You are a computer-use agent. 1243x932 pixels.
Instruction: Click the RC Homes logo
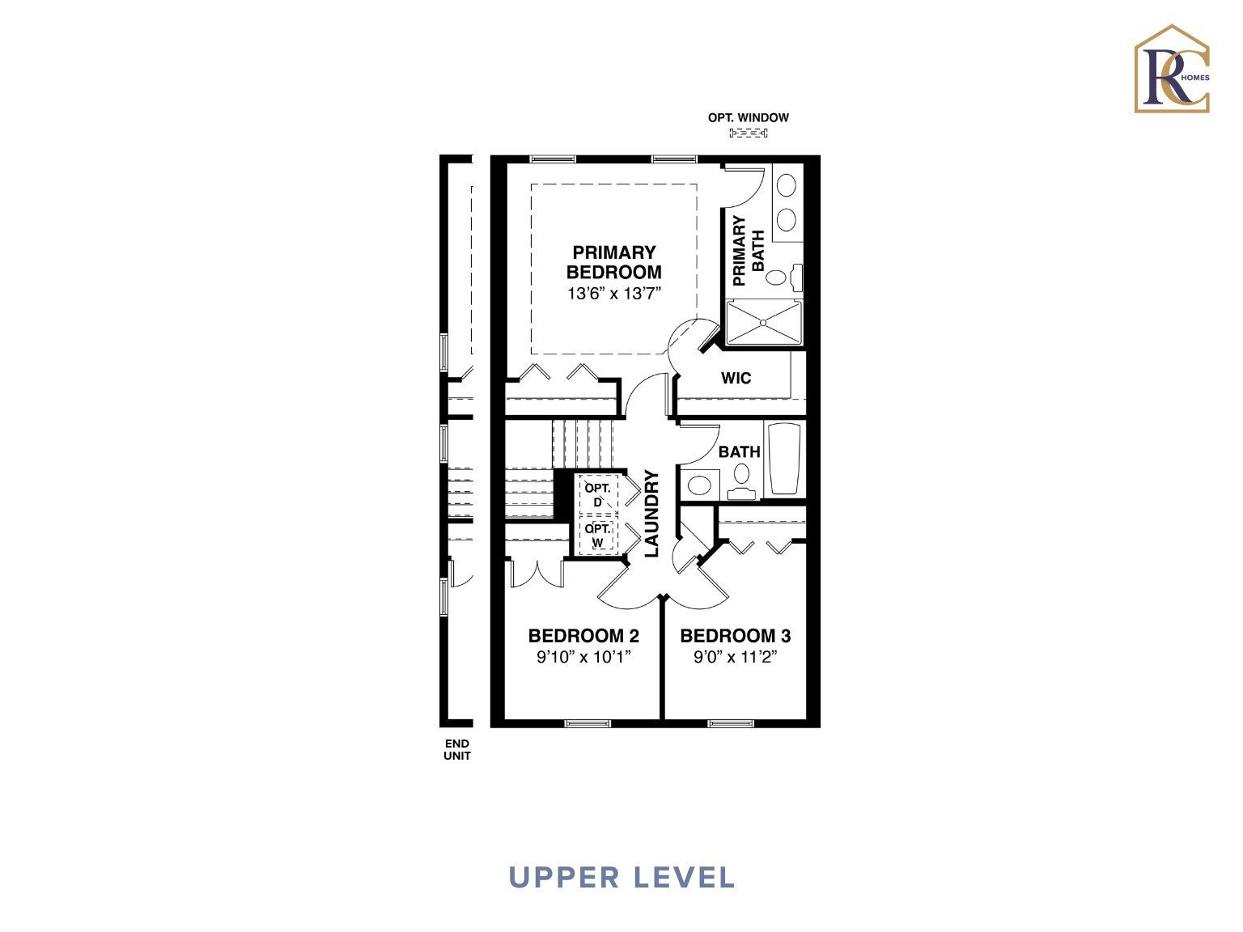click(x=1172, y=70)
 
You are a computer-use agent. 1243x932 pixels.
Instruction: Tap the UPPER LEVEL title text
click(x=621, y=877)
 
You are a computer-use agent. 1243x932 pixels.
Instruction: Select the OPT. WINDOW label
click(x=748, y=117)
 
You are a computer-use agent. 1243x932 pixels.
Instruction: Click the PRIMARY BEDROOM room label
click(x=613, y=262)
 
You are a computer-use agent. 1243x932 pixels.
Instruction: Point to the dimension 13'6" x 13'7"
click(x=614, y=294)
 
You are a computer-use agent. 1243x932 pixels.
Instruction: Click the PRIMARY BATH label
click(x=749, y=251)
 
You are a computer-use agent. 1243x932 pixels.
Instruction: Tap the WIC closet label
click(x=736, y=378)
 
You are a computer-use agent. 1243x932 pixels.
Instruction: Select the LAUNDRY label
click(x=652, y=514)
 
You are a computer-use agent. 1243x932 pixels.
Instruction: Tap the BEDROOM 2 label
click(x=583, y=636)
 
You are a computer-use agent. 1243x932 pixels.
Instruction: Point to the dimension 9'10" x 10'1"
click(x=583, y=657)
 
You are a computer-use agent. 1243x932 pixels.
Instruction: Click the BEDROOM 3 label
click(x=735, y=636)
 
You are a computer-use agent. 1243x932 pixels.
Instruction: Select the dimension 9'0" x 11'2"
click(x=735, y=657)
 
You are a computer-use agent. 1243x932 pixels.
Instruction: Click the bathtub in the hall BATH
click(x=783, y=459)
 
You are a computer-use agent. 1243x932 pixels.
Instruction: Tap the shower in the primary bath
click(x=763, y=323)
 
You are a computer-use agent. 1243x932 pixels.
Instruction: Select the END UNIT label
click(x=456, y=749)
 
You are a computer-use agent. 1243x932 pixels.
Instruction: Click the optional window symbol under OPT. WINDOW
click(x=748, y=133)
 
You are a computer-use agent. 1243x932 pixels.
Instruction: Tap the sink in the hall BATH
click(x=699, y=485)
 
